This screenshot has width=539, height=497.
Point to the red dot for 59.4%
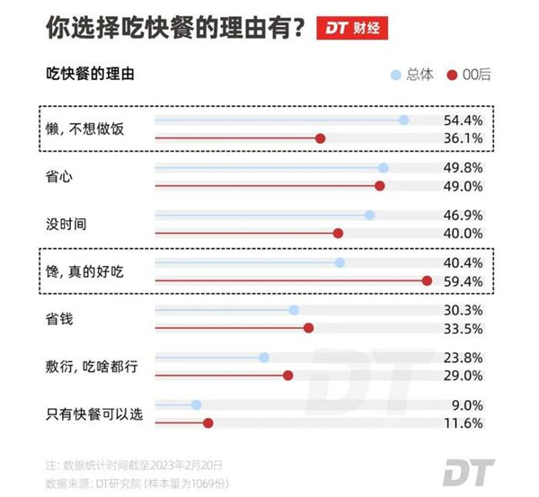(427, 281)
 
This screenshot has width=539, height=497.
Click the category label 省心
(58, 176)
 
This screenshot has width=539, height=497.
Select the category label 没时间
(66, 224)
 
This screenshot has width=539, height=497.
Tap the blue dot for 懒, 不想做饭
(403, 120)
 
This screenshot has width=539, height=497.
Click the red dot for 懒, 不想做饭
(320, 138)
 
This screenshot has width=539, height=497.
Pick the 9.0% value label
(468, 405)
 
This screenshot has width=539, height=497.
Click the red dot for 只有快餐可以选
(208, 423)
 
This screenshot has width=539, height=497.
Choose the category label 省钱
(58, 318)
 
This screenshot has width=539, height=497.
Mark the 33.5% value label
(464, 328)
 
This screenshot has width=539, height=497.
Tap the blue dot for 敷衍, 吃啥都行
(264, 358)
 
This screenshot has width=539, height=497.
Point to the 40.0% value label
(464, 234)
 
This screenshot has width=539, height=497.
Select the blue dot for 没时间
(369, 215)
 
